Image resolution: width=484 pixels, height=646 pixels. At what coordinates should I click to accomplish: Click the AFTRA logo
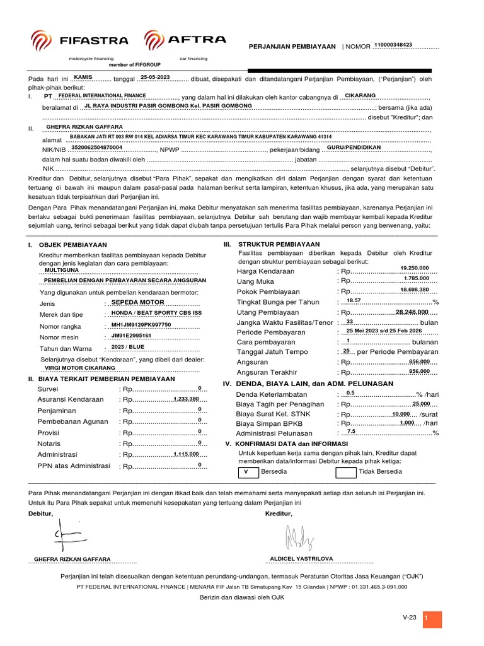[185, 40]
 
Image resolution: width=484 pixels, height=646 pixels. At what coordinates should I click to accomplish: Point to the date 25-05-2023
[155, 77]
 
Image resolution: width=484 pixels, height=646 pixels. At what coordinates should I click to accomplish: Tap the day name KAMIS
[83, 77]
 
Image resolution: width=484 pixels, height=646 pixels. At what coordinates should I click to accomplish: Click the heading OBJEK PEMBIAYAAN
[73, 245]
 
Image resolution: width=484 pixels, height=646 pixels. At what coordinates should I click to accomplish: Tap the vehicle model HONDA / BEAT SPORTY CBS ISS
[156, 312]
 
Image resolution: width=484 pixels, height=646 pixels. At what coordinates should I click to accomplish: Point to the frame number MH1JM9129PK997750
[141, 324]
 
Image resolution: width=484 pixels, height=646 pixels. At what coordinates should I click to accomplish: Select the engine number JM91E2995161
[131, 335]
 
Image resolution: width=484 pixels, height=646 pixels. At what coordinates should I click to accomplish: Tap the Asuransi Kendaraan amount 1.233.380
[186, 399]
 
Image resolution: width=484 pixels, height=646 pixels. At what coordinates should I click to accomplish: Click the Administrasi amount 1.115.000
[186, 454]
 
